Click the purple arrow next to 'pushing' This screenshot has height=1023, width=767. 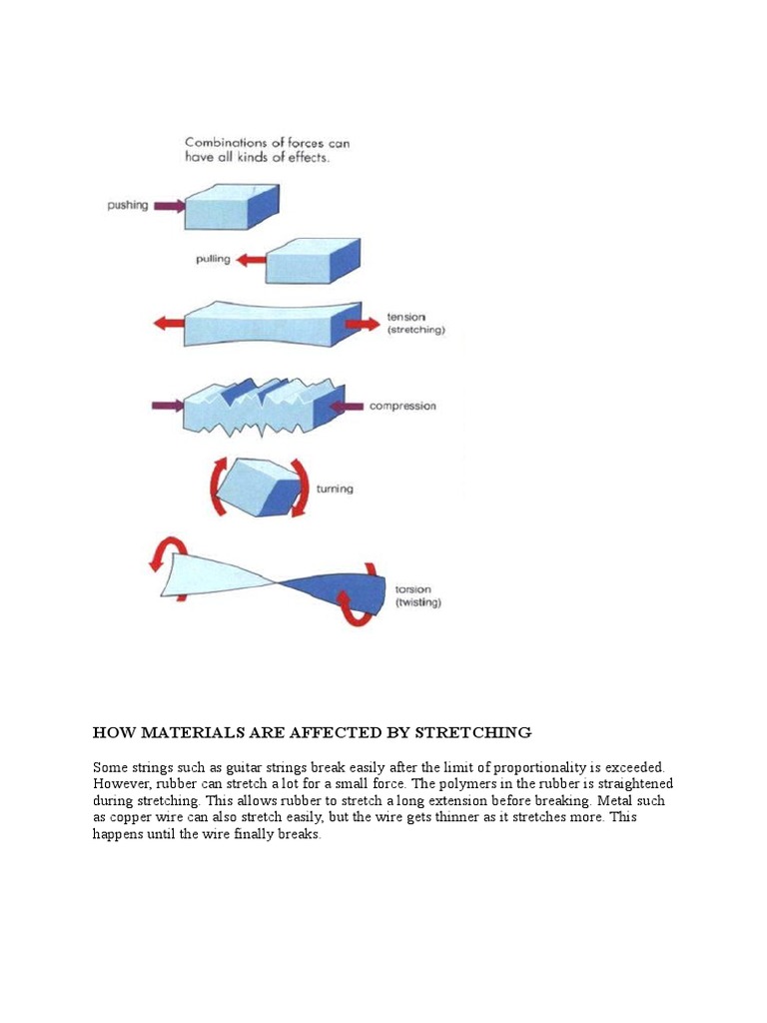pos(169,206)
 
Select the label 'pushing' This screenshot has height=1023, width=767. pos(128,206)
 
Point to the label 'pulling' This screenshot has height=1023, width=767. pos(213,260)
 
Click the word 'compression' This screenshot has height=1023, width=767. pos(402,407)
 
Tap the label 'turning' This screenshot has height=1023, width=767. pos(335,490)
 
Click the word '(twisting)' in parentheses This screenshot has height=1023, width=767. pos(418,602)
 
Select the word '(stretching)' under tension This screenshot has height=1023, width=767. pos(415,330)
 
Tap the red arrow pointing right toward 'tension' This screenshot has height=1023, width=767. pos(362,324)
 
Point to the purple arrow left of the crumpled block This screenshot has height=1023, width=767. pos(168,406)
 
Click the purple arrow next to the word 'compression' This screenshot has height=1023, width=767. pos(346,406)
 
